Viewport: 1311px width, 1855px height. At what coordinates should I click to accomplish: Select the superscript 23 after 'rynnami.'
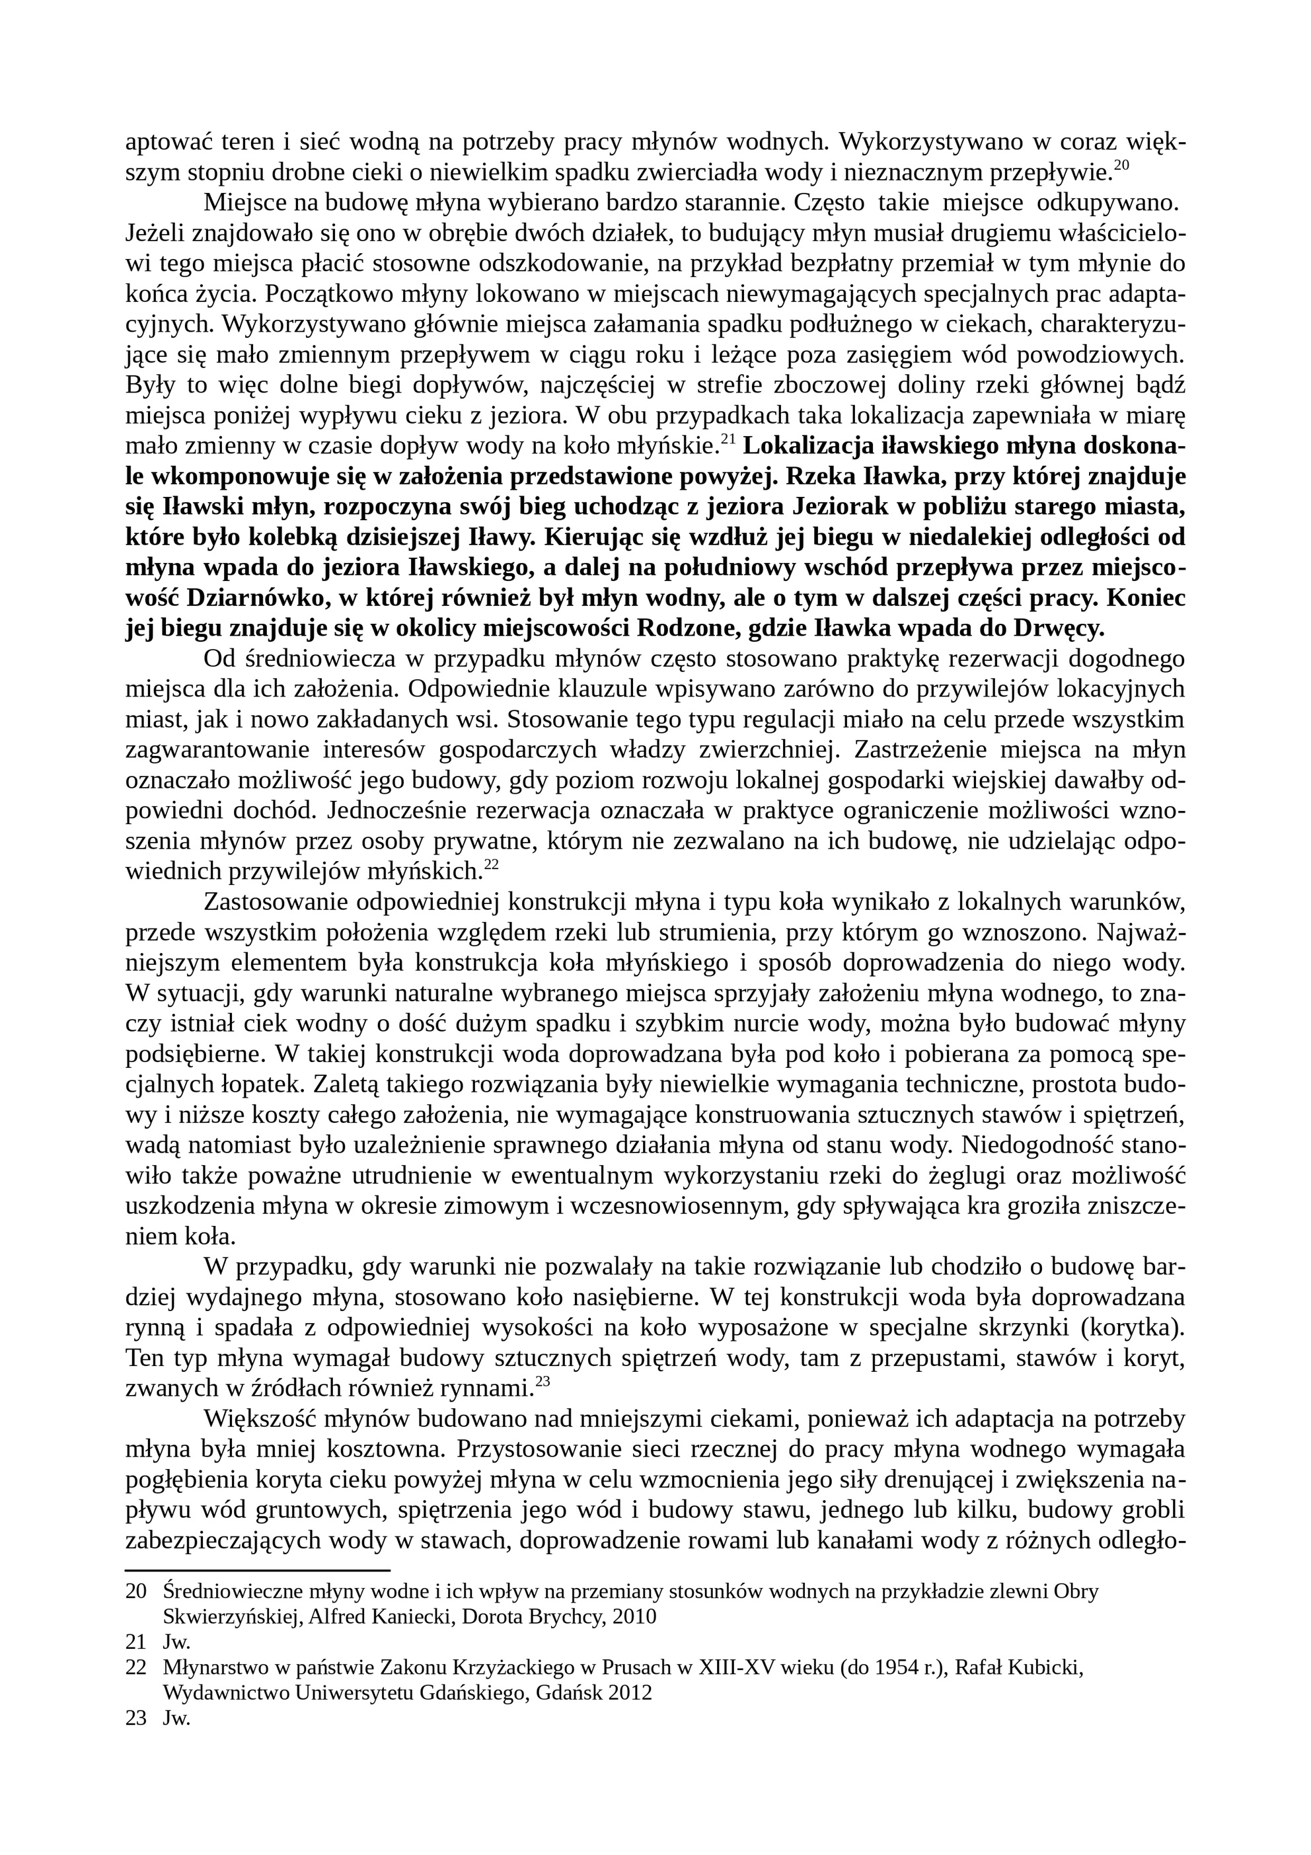[x=542, y=1382]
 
